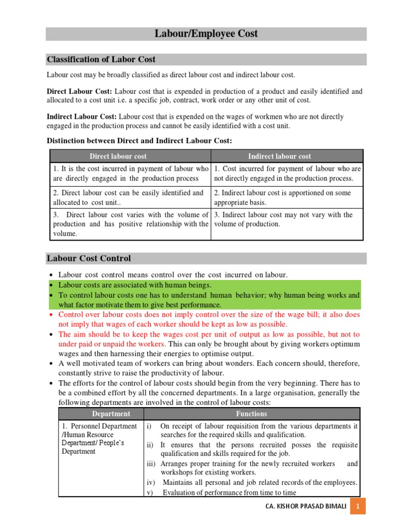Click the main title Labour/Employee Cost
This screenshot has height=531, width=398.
(206, 34)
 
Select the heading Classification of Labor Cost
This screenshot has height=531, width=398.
(101, 59)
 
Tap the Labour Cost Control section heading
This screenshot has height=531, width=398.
(89, 258)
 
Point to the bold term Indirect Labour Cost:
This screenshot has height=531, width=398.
(82, 117)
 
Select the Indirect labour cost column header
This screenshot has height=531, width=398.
(279, 156)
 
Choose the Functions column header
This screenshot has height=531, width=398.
(251, 414)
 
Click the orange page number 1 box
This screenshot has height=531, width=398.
(358, 506)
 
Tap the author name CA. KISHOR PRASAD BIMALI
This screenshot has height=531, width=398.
(306, 506)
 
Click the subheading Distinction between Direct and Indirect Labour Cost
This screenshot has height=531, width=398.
(139, 141)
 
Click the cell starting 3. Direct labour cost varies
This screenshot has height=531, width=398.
(130, 224)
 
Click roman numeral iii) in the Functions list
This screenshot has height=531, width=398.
(152, 464)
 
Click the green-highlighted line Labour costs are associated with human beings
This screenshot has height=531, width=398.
(135, 285)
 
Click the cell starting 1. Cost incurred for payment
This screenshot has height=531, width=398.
(287, 174)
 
